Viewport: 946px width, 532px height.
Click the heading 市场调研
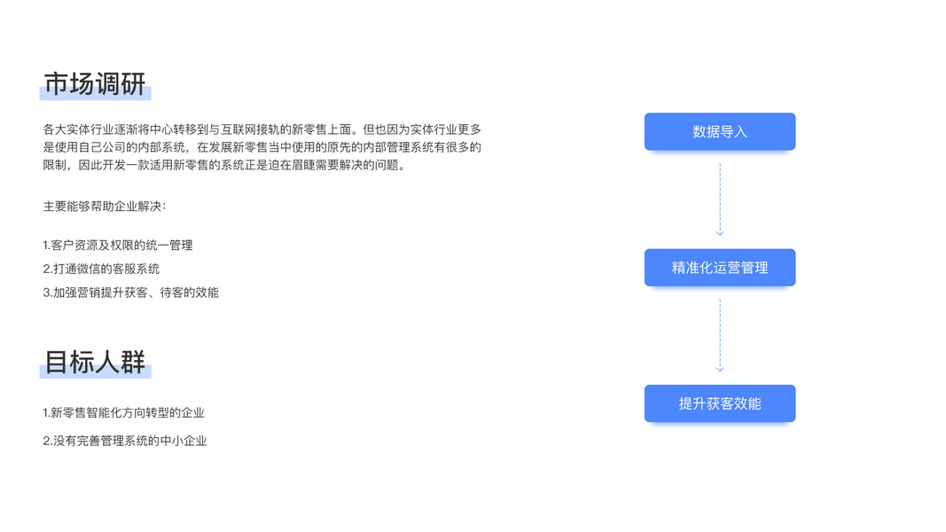pos(95,85)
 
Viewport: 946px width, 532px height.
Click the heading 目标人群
pos(95,363)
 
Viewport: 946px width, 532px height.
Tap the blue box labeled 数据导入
pos(719,132)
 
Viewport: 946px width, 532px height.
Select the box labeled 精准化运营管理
pos(719,268)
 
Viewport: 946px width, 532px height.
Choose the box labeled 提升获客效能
pos(719,403)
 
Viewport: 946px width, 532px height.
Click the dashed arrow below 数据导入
pos(720,199)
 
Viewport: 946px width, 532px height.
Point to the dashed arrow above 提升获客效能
pos(720,335)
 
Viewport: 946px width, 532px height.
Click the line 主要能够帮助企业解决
pos(105,207)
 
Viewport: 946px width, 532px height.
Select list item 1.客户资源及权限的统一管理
pos(118,246)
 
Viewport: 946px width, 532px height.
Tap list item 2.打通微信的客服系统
pos(101,269)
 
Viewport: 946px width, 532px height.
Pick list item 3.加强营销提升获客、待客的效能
pos(130,293)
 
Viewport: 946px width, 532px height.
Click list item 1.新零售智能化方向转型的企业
pos(124,413)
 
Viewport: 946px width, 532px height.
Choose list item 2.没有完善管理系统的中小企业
pos(125,441)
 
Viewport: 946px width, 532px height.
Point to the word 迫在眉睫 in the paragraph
pos(301,165)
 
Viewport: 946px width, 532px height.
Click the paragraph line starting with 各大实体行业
pos(262,129)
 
